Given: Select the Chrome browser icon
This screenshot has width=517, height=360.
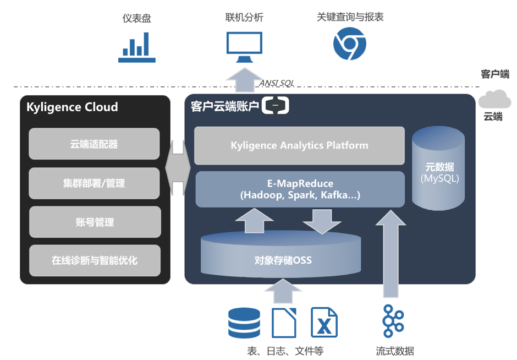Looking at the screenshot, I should [x=349, y=44].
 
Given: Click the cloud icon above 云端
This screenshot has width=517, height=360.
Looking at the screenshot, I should [x=494, y=100].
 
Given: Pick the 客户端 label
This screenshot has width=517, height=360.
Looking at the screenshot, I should [x=494, y=74].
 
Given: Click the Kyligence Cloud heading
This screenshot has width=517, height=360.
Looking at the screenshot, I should [x=72, y=107].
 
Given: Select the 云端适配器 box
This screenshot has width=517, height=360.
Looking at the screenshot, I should [x=94, y=144].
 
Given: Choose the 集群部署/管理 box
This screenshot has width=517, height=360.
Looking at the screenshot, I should [x=94, y=183].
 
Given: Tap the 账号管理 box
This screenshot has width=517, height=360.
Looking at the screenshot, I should [x=94, y=222].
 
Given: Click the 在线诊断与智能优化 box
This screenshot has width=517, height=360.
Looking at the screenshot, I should [x=94, y=260].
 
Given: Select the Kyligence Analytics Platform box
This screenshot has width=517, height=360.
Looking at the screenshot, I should [x=299, y=146].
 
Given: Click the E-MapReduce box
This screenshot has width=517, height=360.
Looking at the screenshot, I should [x=300, y=189].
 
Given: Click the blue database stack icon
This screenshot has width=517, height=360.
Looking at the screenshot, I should [x=244, y=323].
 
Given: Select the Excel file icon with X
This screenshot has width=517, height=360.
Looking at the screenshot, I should [x=324, y=322].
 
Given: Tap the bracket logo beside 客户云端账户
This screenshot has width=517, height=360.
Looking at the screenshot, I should [x=275, y=106].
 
